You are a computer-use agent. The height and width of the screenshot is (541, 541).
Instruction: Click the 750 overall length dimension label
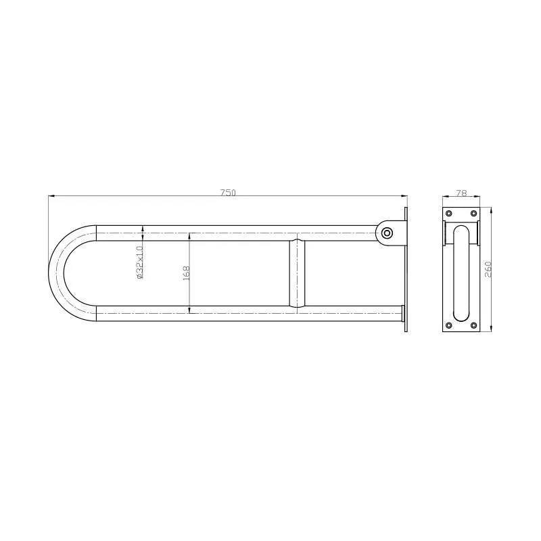coord(228,193)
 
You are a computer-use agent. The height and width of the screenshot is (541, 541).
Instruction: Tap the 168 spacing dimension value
coord(187,273)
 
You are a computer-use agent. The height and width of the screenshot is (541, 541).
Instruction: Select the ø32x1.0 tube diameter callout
coord(139,262)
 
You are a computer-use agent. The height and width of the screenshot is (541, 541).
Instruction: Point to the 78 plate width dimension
coord(461,193)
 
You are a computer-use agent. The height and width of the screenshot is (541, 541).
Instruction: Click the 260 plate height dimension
coord(488,269)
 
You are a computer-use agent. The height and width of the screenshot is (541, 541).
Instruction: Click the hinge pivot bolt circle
coord(387,233)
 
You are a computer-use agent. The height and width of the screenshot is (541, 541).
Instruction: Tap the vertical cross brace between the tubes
coord(297,273)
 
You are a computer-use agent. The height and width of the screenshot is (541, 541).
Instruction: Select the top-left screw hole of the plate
coord(449,213)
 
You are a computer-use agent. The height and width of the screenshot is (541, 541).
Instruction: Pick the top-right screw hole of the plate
coord(473,213)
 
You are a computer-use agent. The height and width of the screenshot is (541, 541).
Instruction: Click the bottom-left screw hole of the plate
coord(449,325)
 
